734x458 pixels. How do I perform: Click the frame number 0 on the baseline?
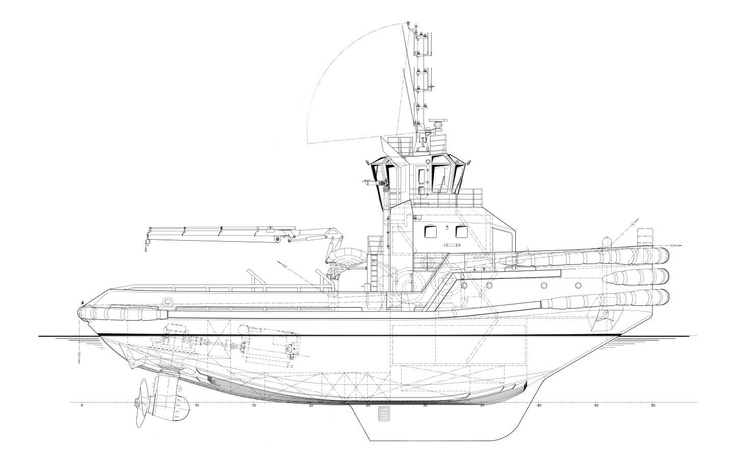[82, 406]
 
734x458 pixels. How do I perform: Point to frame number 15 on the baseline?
[253, 406]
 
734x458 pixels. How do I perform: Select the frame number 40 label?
[539, 406]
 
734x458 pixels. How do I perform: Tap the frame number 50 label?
[653, 406]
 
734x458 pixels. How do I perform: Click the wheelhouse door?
[423, 180]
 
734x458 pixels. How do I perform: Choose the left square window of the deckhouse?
[430, 232]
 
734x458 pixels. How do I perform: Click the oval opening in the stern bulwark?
[168, 301]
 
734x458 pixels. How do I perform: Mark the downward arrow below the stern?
[80, 358]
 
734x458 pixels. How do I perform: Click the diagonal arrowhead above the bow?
[635, 222]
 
